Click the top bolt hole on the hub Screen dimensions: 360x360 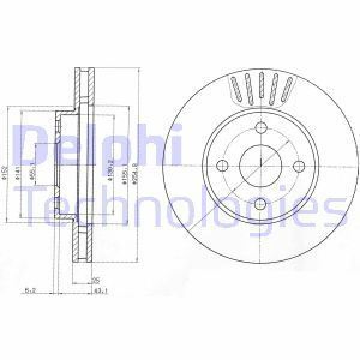click(260, 128)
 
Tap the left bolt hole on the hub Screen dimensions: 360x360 click(222, 166)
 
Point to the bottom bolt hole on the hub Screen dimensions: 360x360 click(260, 204)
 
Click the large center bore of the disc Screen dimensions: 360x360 click(260, 166)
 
